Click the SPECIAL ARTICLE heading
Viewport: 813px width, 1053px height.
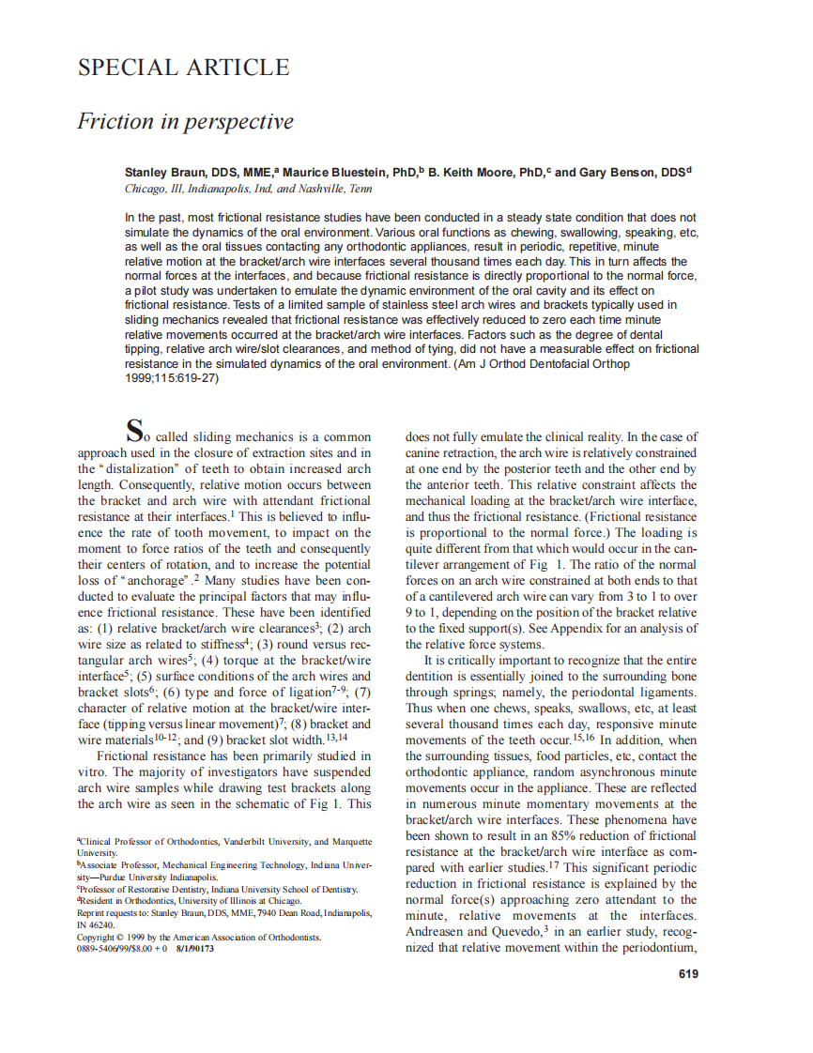click(183, 68)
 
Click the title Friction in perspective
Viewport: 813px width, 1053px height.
click(185, 122)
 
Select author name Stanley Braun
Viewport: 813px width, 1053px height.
click(164, 173)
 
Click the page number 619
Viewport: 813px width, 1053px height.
click(688, 974)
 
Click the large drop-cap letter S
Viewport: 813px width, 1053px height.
click(135, 432)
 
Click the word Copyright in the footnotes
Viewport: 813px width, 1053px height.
click(97, 938)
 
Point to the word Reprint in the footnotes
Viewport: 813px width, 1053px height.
click(92, 912)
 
